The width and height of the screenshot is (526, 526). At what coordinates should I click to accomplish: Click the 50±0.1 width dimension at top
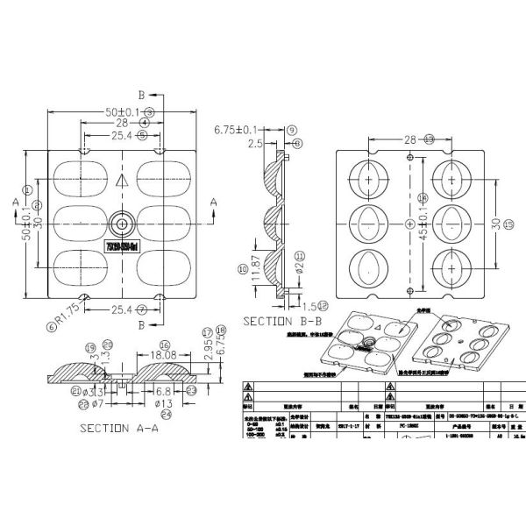tap(122, 111)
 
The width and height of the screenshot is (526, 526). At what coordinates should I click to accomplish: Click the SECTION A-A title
tap(118, 429)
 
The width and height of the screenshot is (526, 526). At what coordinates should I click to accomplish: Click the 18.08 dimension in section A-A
tap(158, 356)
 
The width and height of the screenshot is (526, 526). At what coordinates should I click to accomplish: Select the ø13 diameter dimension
tap(164, 403)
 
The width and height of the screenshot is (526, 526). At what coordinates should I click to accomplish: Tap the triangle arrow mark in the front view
tap(122, 180)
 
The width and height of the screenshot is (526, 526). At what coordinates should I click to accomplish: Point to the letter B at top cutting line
tap(141, 94)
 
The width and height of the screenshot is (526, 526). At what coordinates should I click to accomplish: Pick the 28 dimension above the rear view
tap(410, 139)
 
